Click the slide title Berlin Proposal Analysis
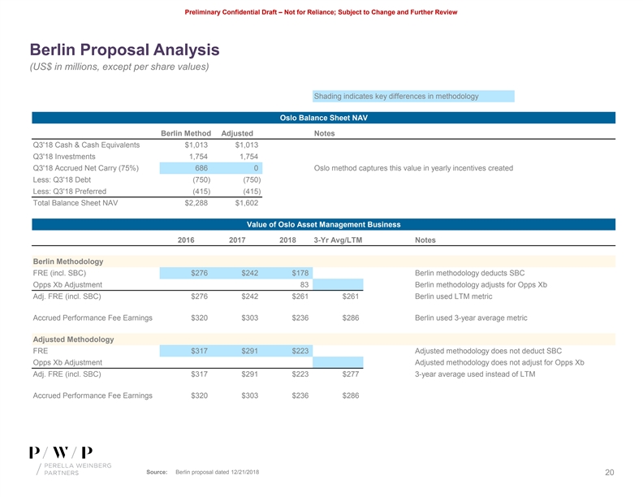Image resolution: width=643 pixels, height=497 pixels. pyautogui.click(x=124, y=50)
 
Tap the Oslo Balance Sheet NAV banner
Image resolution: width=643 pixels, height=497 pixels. pyautogui.click(x=323, y=118)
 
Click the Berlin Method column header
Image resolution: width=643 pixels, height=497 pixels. pyautogui.click(x=186, y=133)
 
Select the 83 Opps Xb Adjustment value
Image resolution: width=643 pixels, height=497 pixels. pyautogui.click(x=300, y=285)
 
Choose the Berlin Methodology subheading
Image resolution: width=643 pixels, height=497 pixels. pyautogui.click(x=68, y=261)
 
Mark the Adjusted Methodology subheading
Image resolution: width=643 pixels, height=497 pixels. pyautogui.click(x=72, y=339)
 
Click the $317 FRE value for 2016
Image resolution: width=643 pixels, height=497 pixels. pyautogui.click(x=199, y=351)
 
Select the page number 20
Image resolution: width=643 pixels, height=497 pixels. pyautogui.click(x=609, y=473)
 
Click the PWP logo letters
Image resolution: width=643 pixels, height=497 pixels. pyautogui.click(x=61, y=452)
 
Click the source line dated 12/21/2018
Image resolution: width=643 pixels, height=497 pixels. pyautogui.click(x=208, y=473)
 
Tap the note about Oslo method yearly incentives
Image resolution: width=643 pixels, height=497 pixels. pyautogui.click(x=412, y=168)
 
